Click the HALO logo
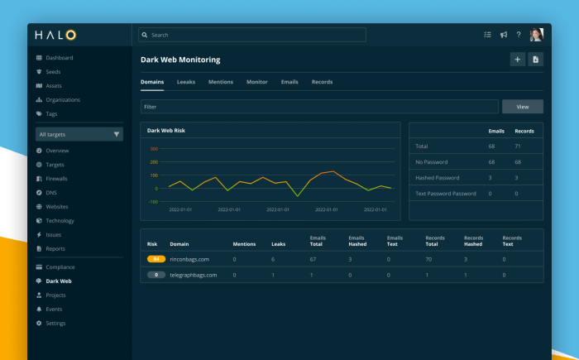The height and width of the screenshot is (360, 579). point(55,35)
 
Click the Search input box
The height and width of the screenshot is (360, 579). point(251,35)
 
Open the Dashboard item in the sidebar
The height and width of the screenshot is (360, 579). point(59,58)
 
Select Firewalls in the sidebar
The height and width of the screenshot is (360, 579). point(56,178)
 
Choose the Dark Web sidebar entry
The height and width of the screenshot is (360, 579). point(58,281)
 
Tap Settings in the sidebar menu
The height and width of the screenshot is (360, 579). point(55,323)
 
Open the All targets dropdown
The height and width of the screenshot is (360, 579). point(79,134)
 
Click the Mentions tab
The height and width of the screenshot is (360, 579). point(220,82)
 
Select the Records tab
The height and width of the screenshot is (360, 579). point(322,82)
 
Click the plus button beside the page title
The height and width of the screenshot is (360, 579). point(517,59)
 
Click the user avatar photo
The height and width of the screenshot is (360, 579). point(536,35)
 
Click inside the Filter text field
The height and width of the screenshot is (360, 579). point(319,107)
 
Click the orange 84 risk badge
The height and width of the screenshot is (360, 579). point(156,259)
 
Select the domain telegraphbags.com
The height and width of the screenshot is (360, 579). point(194,275)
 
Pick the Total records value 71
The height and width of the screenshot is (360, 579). point(518,146)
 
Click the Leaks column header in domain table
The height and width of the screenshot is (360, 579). point(279,244)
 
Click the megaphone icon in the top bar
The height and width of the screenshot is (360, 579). point(503,35)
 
